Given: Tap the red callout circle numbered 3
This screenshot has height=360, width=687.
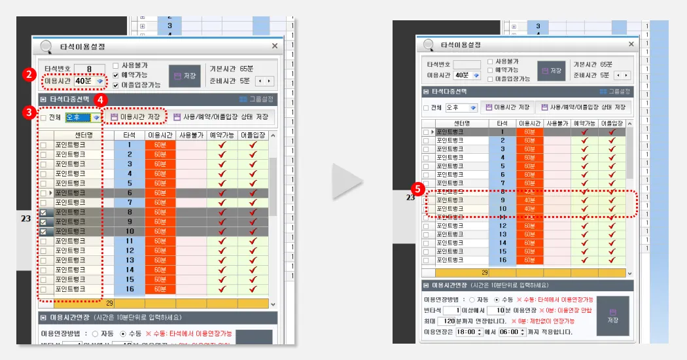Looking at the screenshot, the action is pos(28,113).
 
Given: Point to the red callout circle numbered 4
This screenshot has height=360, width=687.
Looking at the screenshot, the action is pos(100,100).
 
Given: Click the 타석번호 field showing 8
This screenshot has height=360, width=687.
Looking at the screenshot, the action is pos(89,69).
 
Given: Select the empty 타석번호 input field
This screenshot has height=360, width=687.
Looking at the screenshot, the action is pos(467,64).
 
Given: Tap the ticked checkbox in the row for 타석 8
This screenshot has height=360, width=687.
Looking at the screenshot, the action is pos(44,213).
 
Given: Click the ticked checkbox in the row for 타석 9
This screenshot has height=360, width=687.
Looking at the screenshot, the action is pos(44,222).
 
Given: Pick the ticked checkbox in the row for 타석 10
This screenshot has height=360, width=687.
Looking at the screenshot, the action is pos(44,232).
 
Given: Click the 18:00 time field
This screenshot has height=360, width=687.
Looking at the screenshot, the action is pos(467,332).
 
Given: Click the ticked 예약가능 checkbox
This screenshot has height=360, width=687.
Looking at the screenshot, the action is pos(116,75).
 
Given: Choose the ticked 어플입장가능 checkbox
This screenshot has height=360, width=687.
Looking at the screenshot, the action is pos(116,84).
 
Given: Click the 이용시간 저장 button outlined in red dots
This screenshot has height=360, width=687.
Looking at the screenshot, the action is pos(136,117).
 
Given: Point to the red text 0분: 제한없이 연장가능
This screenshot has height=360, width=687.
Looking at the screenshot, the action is pos(548,321).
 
